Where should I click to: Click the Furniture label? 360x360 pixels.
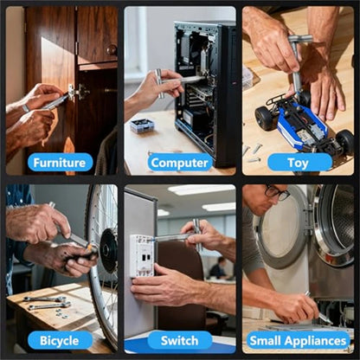pos(60,162)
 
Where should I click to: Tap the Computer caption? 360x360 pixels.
pos(179,162)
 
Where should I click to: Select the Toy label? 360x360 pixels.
pos(299,162)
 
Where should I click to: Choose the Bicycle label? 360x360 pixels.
pos(60,340)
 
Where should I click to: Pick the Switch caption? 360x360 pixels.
pos(179,340)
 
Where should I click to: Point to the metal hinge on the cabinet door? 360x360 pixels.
pos(79,91)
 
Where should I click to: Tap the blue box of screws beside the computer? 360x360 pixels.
pos(142,125)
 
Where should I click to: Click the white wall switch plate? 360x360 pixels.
pos(141,257)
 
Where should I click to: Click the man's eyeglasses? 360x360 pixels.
pos(277,193)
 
